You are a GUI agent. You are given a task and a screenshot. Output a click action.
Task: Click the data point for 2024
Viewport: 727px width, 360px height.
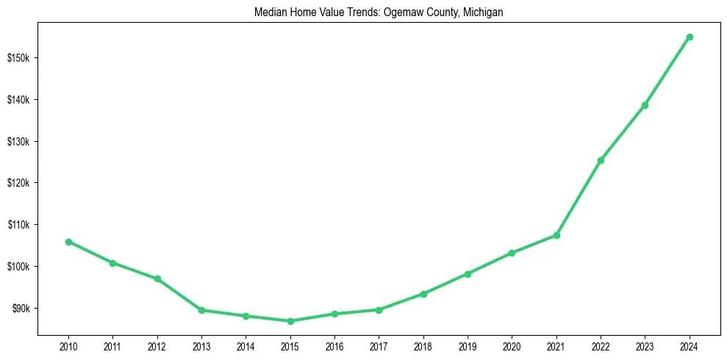coord(690,37)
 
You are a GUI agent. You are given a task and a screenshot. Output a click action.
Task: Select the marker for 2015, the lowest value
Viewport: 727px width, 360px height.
coord(290,321)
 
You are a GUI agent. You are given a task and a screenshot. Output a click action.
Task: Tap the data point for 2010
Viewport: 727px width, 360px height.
coord(68,242)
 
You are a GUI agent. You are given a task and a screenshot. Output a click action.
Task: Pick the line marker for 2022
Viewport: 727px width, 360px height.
coord(601,160)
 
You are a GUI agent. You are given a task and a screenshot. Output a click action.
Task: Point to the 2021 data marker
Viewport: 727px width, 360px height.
coord(556,235)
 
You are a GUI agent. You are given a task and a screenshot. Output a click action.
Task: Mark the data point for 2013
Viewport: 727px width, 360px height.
coord(201,310)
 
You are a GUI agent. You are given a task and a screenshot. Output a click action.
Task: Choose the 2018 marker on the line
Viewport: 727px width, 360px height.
coord(423,294)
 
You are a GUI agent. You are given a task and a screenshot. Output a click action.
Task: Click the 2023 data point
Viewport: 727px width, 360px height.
coord(645,105)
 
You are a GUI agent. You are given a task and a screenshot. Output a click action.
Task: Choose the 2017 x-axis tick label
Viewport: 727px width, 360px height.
coord(379,345)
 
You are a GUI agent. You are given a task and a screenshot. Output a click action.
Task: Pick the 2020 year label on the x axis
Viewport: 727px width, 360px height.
coord(512,345)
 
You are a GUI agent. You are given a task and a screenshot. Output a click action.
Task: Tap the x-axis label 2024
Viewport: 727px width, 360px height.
coord(690,345)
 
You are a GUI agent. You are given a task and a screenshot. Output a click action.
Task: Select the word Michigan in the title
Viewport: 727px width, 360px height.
coord(482,12)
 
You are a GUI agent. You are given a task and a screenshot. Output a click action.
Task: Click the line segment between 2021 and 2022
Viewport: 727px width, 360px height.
coord(579,198)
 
